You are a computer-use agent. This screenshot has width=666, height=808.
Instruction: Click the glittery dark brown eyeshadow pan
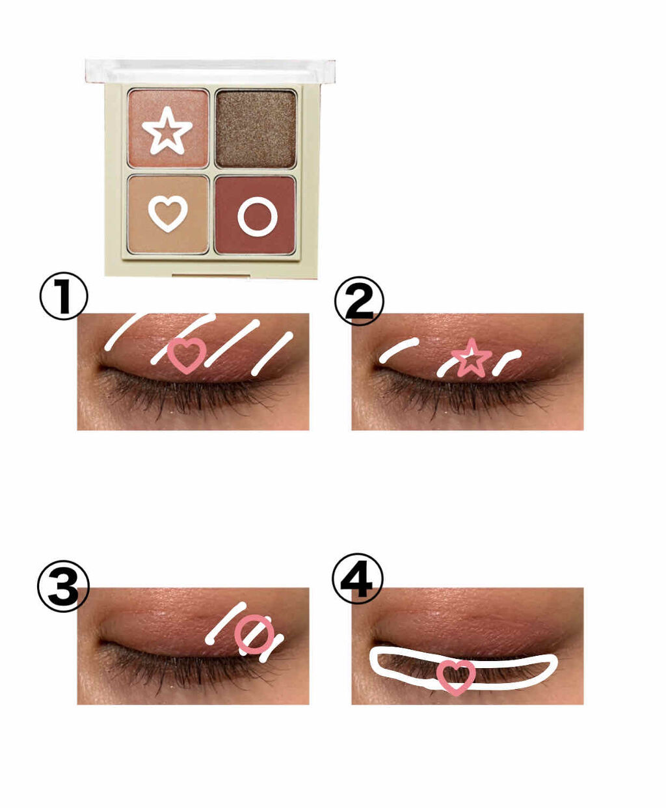[256, 129]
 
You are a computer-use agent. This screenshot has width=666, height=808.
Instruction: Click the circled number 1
[64, 296]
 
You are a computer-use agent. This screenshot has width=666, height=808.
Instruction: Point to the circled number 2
[359, 301]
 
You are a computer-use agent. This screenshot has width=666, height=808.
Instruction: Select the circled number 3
[63, 586]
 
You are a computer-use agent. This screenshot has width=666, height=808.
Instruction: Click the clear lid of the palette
[210, 72]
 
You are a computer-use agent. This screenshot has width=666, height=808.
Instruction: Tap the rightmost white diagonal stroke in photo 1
[273, 353]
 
